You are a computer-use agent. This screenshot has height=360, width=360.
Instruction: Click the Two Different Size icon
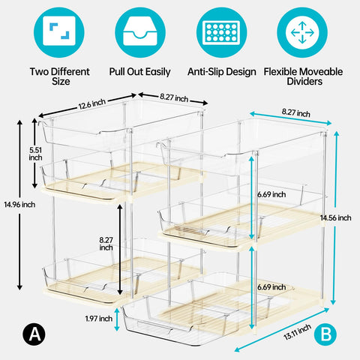click(x=59, y=32)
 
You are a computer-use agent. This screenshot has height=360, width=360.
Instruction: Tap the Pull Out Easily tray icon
click(x=140, y=32)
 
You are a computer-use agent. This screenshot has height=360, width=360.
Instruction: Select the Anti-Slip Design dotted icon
click(x=221, y=32)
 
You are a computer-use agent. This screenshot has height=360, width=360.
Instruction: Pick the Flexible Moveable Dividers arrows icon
click(x=302, y=32)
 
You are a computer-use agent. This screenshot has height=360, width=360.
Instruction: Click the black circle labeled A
click(x=34, y=334)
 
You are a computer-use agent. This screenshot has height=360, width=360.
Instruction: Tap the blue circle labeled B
click(x=325, y=334)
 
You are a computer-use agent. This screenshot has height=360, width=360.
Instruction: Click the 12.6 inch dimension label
click(x=92, y=104)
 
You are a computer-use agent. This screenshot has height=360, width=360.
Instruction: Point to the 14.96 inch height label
click(x=19, y=205)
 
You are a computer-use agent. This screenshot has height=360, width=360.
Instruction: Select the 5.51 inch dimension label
click(x=35, y=154)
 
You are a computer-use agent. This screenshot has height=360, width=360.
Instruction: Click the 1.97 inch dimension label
click(x=99, y=319)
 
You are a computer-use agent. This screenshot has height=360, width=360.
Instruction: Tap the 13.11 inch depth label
click(x=298, y=332)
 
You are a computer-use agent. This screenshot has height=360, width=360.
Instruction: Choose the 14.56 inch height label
click(x=336, y=217)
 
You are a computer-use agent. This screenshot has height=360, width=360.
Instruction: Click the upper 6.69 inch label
click(x=271, y=194)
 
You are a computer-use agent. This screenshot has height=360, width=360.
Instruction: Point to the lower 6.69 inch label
click(x=271, y=287)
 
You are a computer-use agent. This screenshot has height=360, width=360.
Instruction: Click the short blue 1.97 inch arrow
click(x=117, y=319)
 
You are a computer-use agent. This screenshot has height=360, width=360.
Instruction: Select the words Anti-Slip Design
click(x=222, y=72)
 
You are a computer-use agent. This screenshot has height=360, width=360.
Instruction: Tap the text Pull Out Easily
click(x=139, y=72)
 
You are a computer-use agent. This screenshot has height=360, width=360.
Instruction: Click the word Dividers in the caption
click(x=304, y=81)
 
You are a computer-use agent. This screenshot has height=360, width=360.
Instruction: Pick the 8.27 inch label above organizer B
click(x=296, y=112)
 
